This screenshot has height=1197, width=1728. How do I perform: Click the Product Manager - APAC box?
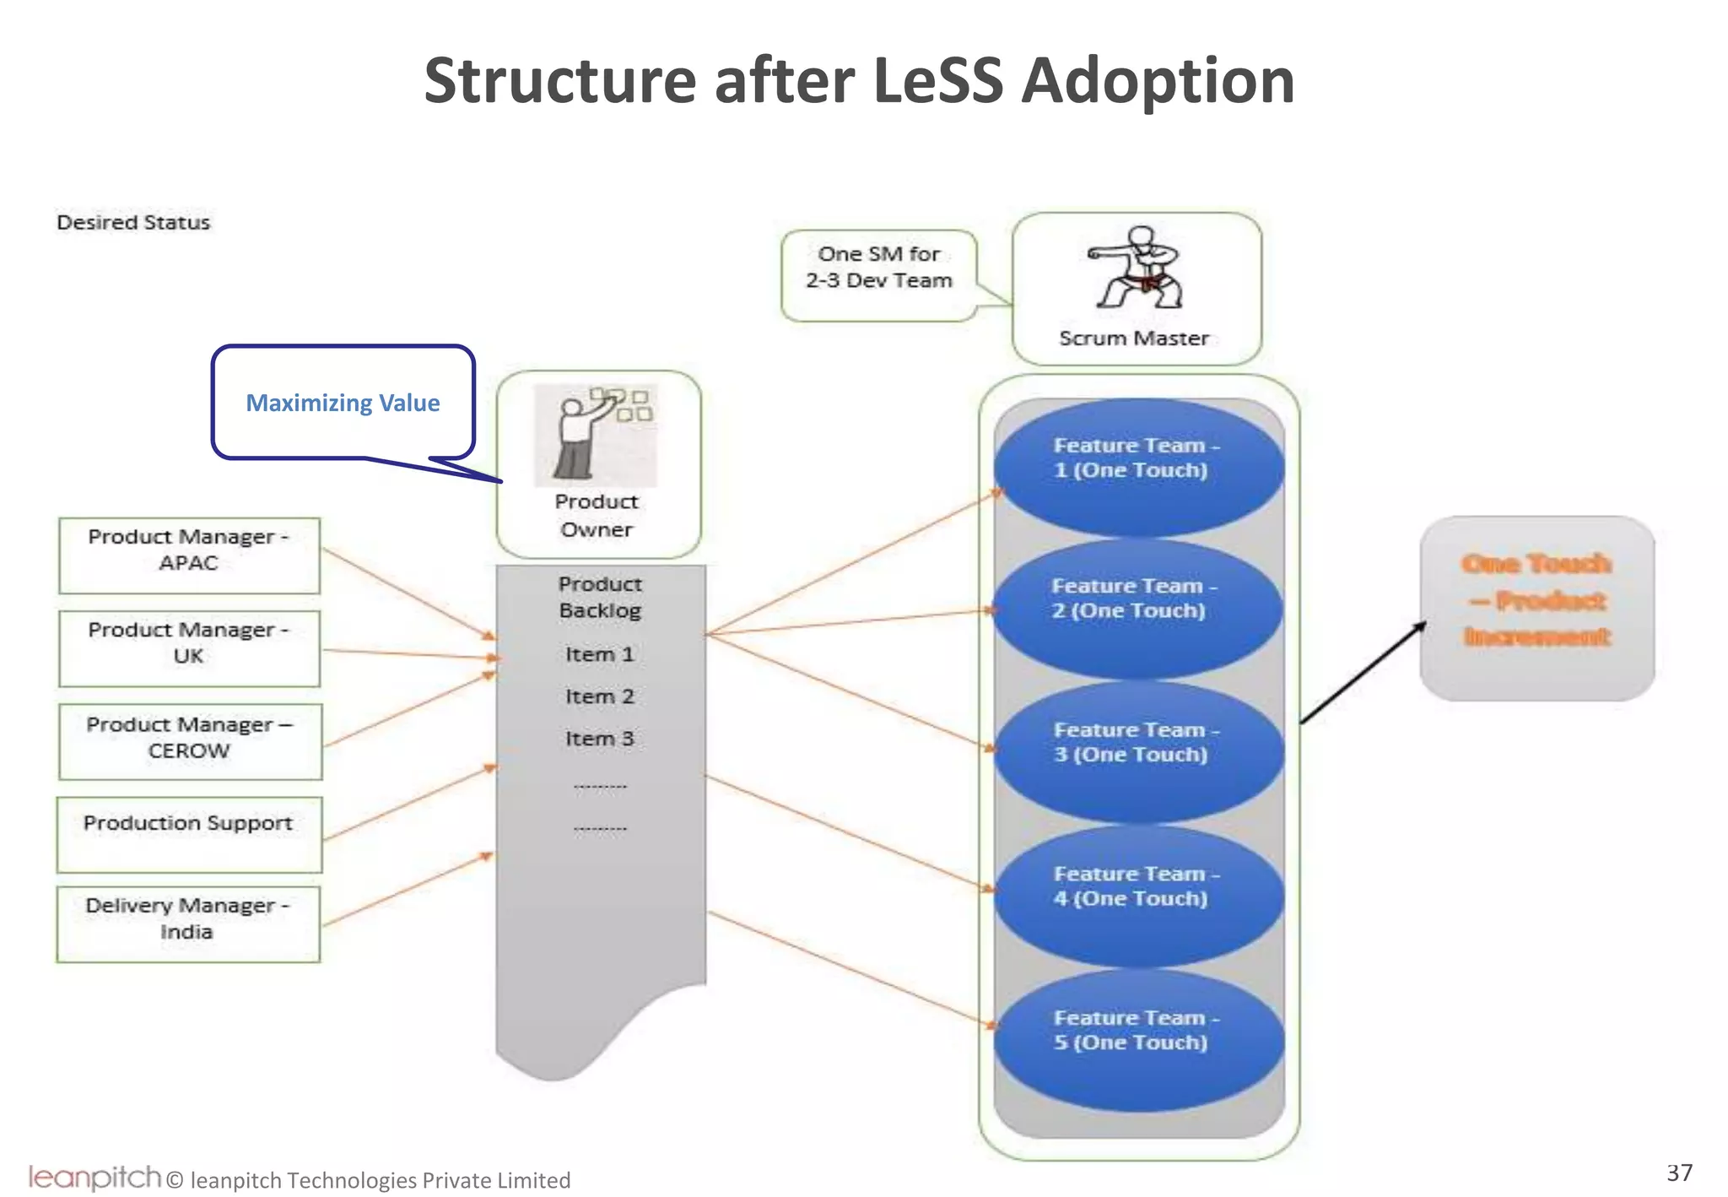tap(189, 555)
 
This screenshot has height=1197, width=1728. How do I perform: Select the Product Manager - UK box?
tap(189, 647)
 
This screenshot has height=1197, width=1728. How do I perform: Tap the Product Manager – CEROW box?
tap(190, 741)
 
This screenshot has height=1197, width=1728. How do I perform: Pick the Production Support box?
tap(189, 833)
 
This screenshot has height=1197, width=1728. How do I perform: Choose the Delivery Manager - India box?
tap(188, 923)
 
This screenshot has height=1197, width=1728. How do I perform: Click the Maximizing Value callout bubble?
tap(343, 403)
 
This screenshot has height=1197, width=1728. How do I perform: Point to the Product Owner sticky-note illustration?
tap(596, 436)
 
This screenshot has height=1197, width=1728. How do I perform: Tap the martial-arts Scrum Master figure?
tap(1136, 268)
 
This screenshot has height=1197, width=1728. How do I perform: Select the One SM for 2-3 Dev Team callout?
tap(878, 274)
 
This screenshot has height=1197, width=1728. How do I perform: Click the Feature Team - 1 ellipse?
tap(1138, 467)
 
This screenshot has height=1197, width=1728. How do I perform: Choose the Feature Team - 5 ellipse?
tap(1138, 1039)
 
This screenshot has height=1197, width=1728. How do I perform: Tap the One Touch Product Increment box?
tap(1536, 607)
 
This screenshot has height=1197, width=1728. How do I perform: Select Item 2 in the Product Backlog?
tap(599, 696)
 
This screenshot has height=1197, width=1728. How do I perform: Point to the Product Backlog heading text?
tap(600, 597)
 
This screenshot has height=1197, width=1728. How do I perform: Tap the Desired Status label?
tap(133, 222)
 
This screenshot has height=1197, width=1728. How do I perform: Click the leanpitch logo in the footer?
tap(94, 1176)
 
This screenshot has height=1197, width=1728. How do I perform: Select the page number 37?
tap(1679, 1172)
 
